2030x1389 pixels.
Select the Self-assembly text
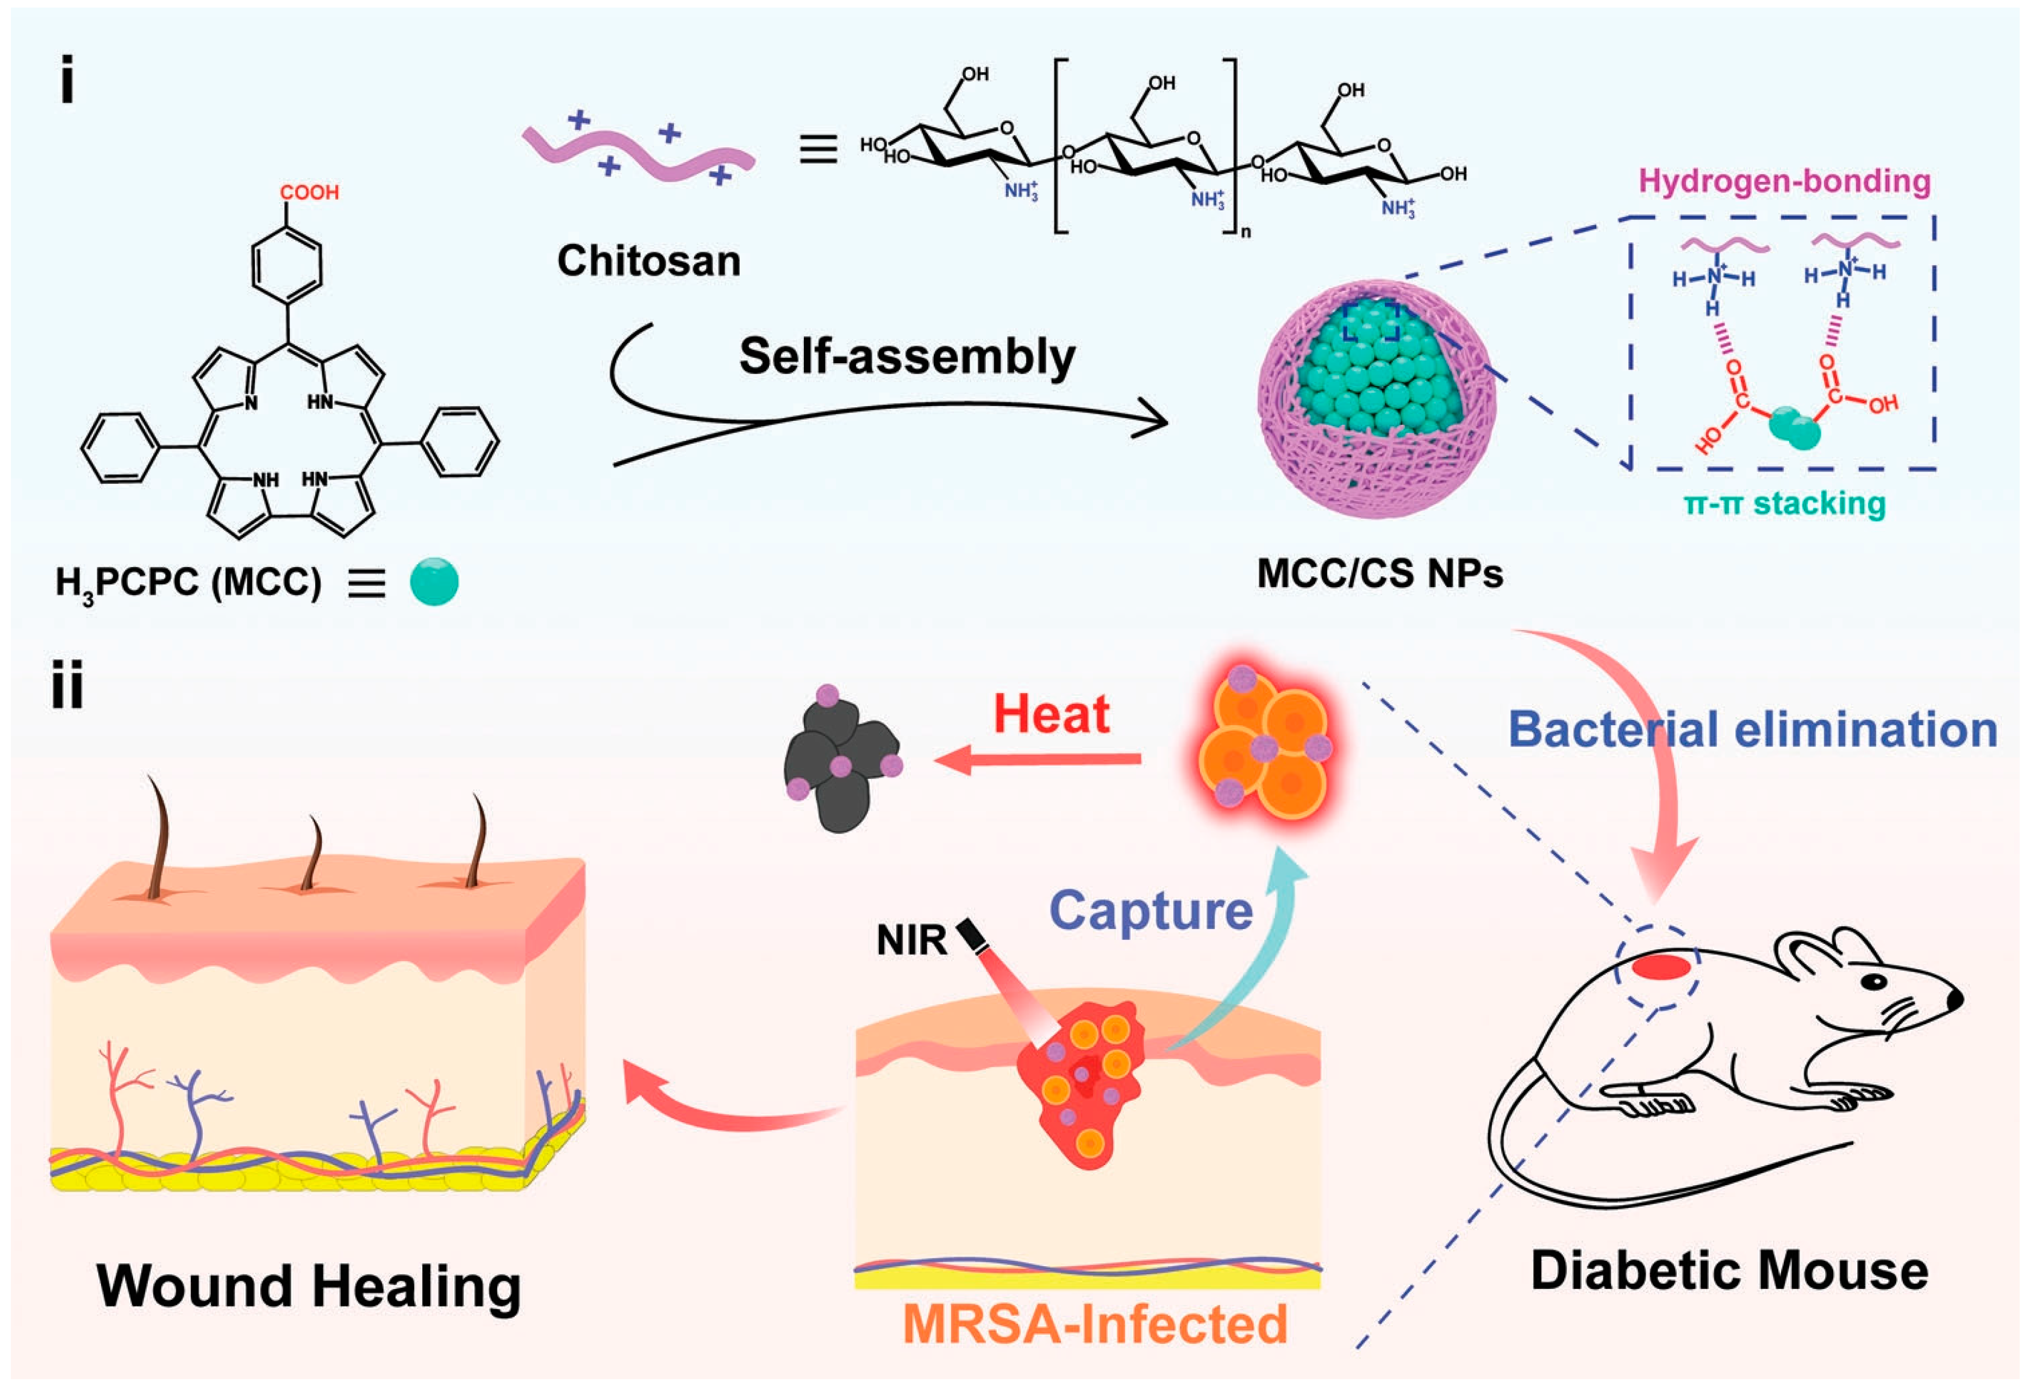907,357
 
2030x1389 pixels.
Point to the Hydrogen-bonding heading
1784,181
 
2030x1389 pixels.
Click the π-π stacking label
1784,504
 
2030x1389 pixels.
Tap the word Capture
1151,911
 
